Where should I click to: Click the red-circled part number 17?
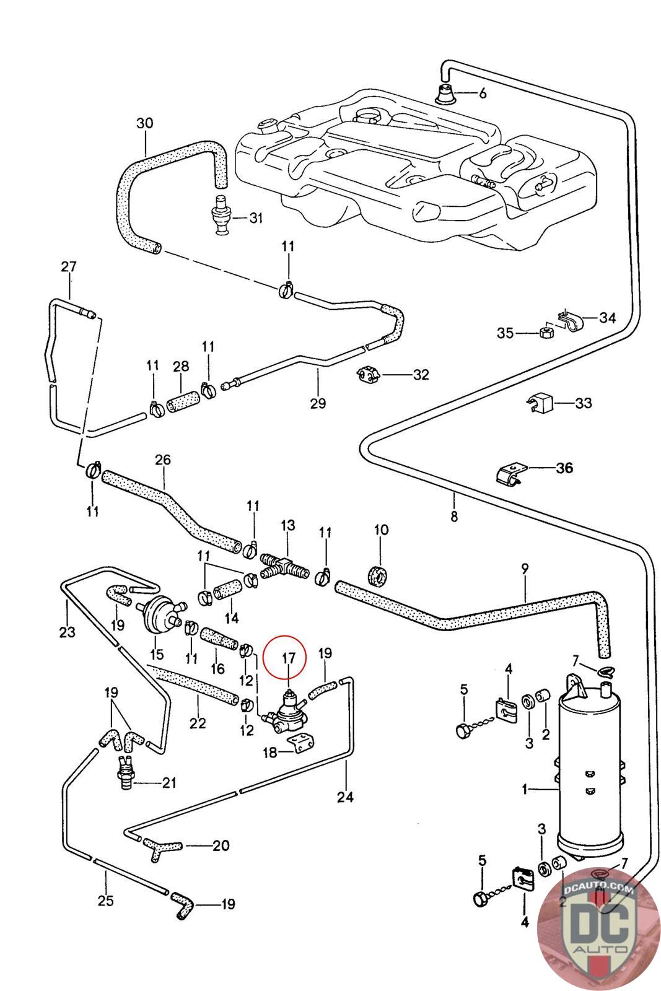[x=289, y=658]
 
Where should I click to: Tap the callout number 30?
[x=144, y=123]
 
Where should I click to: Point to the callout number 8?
[x=454, y=516]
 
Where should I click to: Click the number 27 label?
[x=68, y=267]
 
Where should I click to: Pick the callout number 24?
[x=345, y=797]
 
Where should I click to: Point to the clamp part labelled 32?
[x=368, y=374]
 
